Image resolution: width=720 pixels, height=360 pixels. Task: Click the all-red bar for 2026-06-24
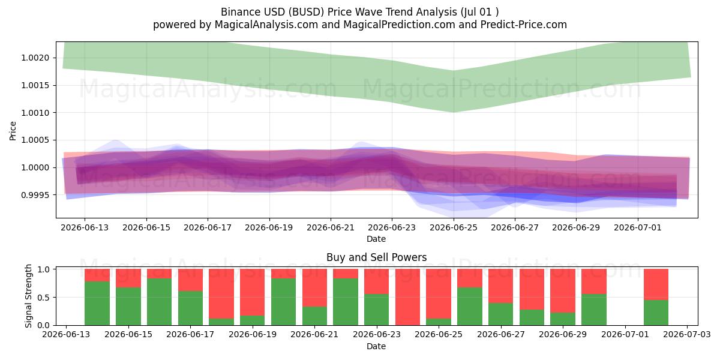[407, 297]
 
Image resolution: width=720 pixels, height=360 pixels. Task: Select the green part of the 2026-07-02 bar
[656, 313]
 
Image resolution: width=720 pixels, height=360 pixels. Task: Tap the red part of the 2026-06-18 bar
[221, 294]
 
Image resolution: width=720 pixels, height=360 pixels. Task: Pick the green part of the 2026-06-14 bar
[97, 304]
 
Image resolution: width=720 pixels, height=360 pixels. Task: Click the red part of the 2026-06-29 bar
[563, 291]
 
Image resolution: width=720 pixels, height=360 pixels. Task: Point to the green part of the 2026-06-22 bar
[346, 302]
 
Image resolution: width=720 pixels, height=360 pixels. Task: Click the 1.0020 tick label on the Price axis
[35, 58]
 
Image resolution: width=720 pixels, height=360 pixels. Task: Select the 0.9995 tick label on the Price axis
[35, 195]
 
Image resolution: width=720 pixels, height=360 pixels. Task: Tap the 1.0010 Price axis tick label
[35, 113]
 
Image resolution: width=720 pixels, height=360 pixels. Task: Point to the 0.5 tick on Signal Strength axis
[44, 298]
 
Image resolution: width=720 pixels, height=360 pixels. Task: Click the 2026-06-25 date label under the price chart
[454, 227]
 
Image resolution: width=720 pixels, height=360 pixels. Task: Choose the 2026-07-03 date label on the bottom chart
[687, 334]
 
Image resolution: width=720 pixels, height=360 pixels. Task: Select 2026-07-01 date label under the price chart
[638, 227]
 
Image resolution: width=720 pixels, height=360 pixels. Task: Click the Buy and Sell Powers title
[377, 257]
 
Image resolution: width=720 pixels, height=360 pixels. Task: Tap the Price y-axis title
[13, 131]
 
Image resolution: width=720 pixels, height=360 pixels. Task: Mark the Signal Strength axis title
[28, 296]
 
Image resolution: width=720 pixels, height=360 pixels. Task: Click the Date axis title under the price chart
[376, 239]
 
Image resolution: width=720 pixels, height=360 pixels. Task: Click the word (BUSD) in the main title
[307, 12]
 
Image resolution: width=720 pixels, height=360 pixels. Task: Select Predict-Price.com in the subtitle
[524, 25]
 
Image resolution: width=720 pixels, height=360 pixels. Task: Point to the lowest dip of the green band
[453, 112]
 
